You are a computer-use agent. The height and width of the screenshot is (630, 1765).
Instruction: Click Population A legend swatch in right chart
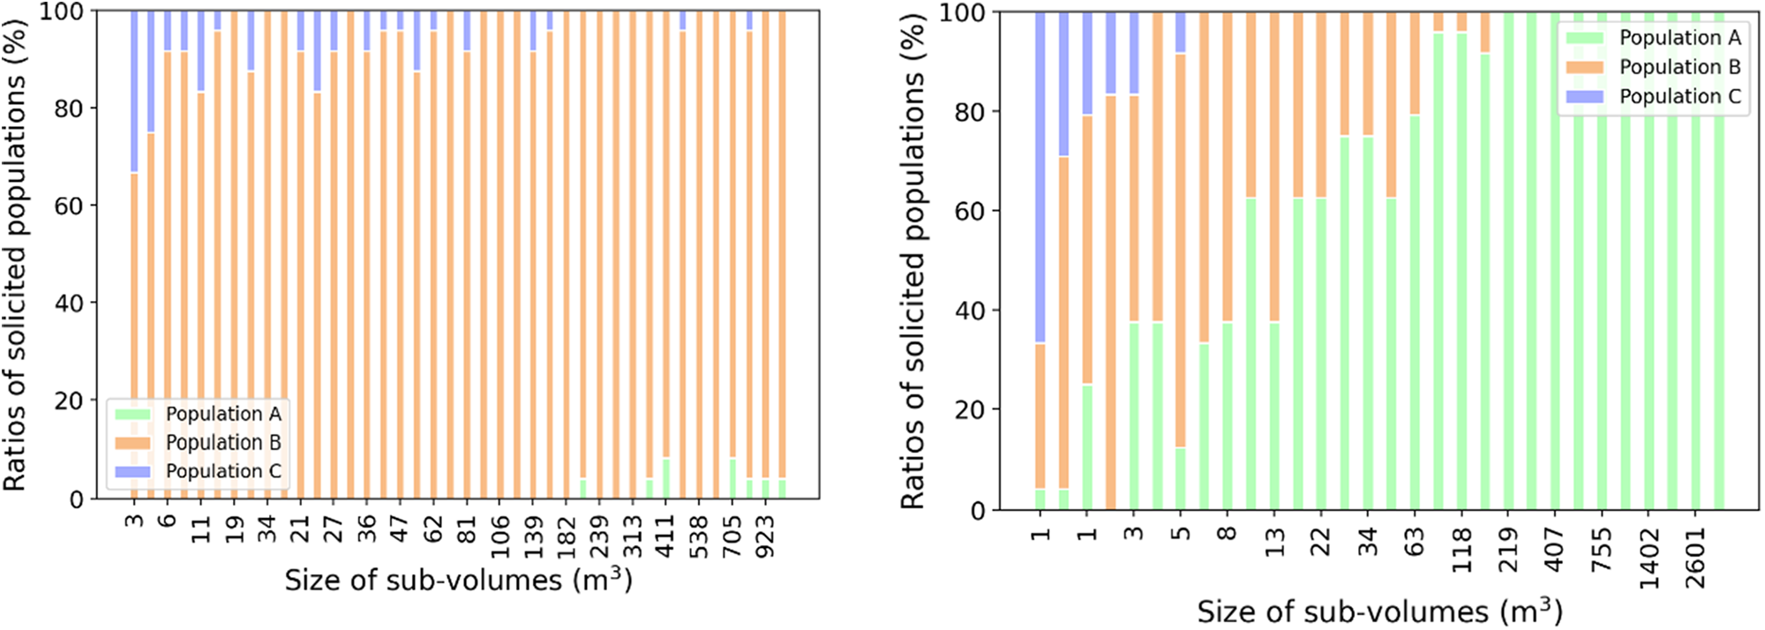point(1584,38)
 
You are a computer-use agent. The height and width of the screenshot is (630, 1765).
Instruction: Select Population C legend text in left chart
point(223,471)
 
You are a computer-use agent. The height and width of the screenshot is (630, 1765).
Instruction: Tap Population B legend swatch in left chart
point(132,443)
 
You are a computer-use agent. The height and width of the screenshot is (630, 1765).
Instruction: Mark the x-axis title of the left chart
point(458,581)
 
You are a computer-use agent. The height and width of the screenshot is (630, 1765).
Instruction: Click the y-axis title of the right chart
point(914,262)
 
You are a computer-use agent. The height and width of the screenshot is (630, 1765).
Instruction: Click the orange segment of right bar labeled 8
point(1227,168)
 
